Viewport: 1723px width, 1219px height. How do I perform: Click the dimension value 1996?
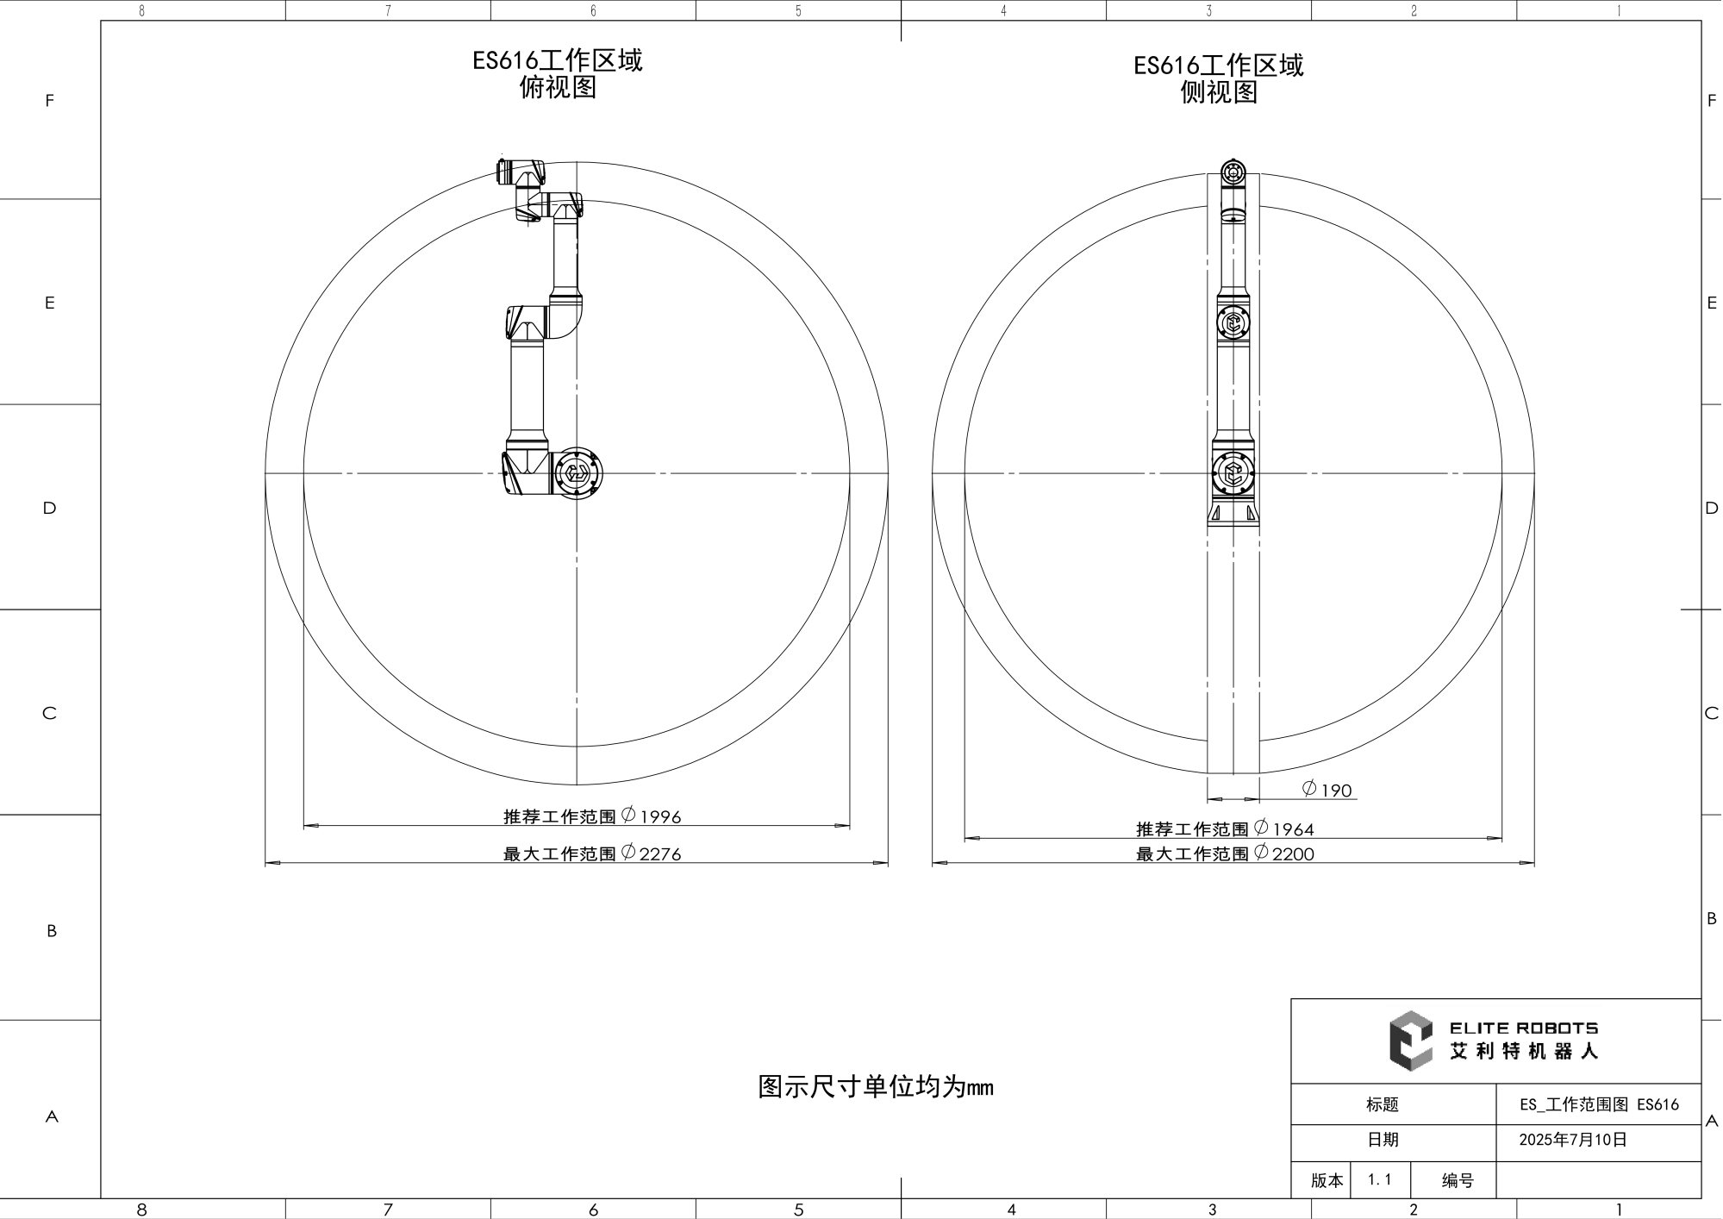click(660, 816)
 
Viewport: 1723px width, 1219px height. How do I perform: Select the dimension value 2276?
click(660, 853)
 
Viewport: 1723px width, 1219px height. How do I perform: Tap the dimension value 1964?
click(1293, 829)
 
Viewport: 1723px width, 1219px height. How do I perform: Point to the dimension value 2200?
click(1293, 853)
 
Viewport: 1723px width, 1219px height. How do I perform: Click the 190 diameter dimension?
click(1327, 790)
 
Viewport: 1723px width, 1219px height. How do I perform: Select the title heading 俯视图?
click(558, 87)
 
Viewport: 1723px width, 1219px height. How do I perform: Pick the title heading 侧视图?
click(1219, 92)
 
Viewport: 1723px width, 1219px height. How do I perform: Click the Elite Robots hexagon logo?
click(1410, 1041)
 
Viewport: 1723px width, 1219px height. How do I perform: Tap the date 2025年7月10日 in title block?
click(1573, 1140)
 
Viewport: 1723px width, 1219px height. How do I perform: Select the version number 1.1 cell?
click(1380, 1179)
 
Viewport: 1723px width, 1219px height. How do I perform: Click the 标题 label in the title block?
click(1383, 1104)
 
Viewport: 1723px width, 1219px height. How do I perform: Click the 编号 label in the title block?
click(1458, 1180)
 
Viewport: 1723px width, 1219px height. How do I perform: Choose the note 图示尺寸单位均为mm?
click(876, 1086)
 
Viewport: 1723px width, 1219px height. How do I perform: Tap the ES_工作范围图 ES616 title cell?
click(1599, 1104)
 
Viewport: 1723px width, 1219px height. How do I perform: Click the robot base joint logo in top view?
click(576, 473)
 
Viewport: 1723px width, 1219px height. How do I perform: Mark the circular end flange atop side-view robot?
click(1233, 172)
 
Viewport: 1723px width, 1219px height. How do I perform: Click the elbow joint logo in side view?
click(1233, 323)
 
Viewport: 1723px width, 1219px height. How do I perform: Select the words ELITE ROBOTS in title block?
click(1524, 1028)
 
